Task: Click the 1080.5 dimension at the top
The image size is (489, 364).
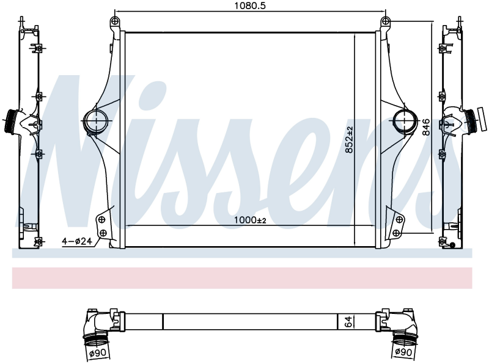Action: pos(250,5)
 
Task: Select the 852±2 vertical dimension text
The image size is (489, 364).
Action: pos(349,140)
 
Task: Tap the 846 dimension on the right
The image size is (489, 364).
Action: pos(426,127)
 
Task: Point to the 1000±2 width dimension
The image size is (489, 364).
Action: pos(250,220)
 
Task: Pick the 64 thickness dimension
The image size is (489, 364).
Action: pos(348,321)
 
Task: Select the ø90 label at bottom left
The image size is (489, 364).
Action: pos(98,353)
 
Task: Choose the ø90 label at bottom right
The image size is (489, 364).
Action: pos(403,352)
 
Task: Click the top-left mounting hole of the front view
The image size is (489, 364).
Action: pos(115,21)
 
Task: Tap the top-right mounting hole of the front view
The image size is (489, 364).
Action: pos(386,21)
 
